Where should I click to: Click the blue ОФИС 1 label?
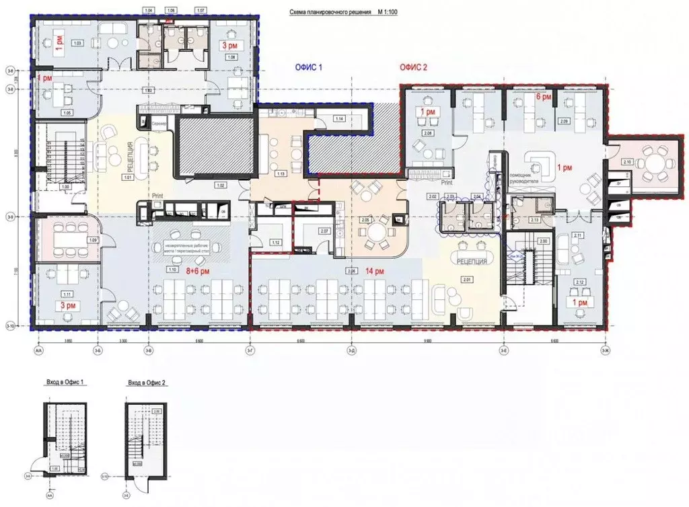(308, 67)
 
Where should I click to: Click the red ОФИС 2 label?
(413, 67)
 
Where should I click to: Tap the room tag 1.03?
(77, 43)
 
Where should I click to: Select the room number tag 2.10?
(627, 162)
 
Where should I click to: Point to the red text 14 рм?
(375, 271)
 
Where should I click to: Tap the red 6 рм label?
(543, 97)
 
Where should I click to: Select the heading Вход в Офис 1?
(65, 382)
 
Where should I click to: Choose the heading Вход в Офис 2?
(147, 382)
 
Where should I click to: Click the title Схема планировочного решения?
(329, 12)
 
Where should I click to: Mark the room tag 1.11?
(66, 295)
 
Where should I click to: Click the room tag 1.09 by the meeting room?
(94, 240)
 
